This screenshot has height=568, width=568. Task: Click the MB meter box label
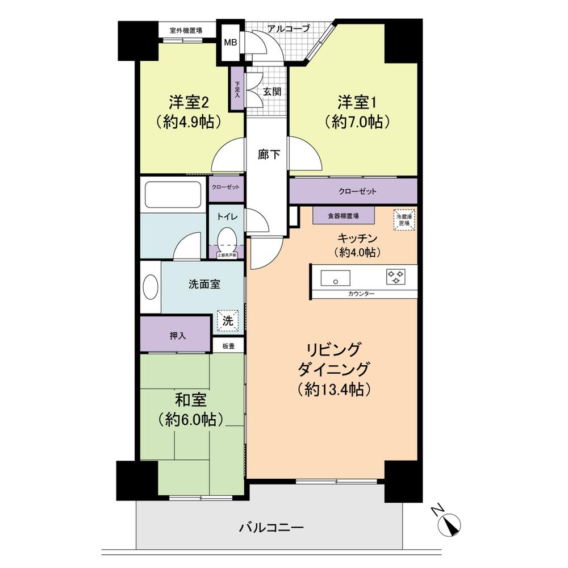coord(231,43)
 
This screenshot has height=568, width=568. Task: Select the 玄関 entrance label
coord(272,91)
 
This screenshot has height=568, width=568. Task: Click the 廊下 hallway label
coord(268,154)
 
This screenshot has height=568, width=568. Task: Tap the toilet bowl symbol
coord(227,237)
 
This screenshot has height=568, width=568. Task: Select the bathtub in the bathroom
coord(173,195)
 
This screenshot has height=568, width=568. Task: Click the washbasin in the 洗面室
coord(151,287)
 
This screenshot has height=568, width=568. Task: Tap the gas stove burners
coord(396,277)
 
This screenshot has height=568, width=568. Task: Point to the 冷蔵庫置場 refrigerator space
coord(404,219)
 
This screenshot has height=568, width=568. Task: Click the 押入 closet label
coord(177,336)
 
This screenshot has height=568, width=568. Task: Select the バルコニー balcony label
coord(272,528)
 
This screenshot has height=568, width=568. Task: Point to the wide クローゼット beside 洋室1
coord(353,191)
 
